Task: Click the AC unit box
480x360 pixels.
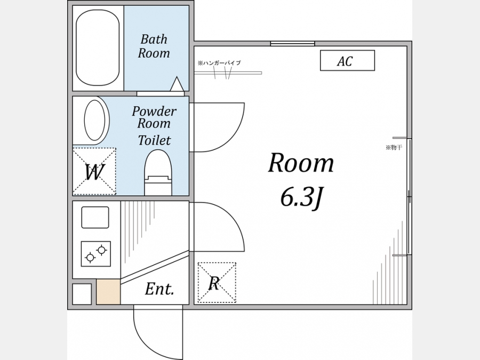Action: coord(347,60)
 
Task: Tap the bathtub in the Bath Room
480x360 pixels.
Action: coord(98,48)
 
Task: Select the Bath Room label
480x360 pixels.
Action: coord(154,46)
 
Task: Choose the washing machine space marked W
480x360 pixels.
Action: coord(94,171)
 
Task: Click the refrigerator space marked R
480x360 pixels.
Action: coord(217,282)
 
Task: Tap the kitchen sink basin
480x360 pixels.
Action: coord(95,218)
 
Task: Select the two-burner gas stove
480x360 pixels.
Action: coord(96,254)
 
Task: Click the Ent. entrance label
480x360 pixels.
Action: coord(159,289)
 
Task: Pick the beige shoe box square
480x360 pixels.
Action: coord(108,292)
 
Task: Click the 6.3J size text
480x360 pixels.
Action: coord(301,198)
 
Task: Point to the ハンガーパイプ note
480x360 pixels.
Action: coord(219,63)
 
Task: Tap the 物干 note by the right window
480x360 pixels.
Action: coord(394,148)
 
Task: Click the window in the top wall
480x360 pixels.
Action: coord(293,44)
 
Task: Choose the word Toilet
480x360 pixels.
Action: coord(154,140)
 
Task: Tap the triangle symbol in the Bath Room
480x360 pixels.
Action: coord(177,84)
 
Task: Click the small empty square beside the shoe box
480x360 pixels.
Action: coord(82,294)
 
